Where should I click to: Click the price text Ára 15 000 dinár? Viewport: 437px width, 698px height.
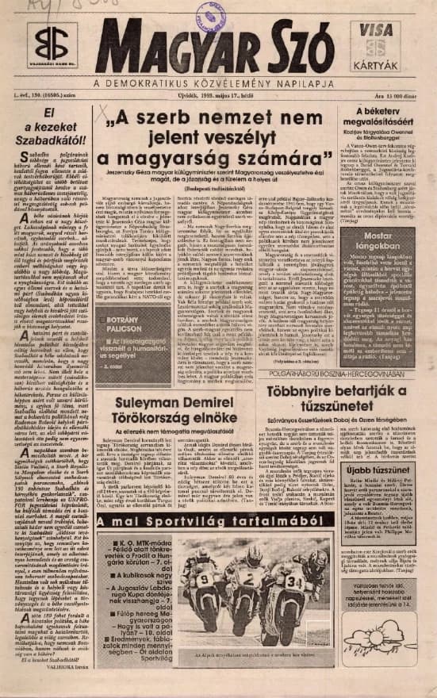coord(397,97)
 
